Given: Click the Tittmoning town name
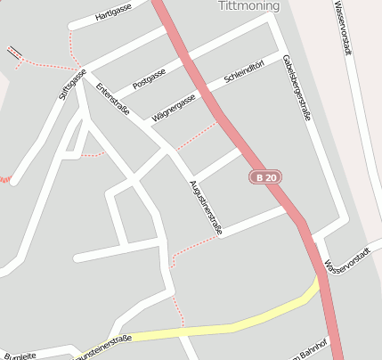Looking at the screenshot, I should (248, 6).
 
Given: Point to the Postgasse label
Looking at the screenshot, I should (149, 78).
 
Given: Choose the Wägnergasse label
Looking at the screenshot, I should (173, 108).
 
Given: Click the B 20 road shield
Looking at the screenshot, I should (264, 177).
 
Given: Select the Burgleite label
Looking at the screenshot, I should (20, 356).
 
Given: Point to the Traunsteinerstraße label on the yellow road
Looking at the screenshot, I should (102, 341).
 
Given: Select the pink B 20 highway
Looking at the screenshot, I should (214, 102).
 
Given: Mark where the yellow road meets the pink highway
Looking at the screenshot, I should (318, 283).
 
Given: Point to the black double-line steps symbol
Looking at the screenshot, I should (13, 53).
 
